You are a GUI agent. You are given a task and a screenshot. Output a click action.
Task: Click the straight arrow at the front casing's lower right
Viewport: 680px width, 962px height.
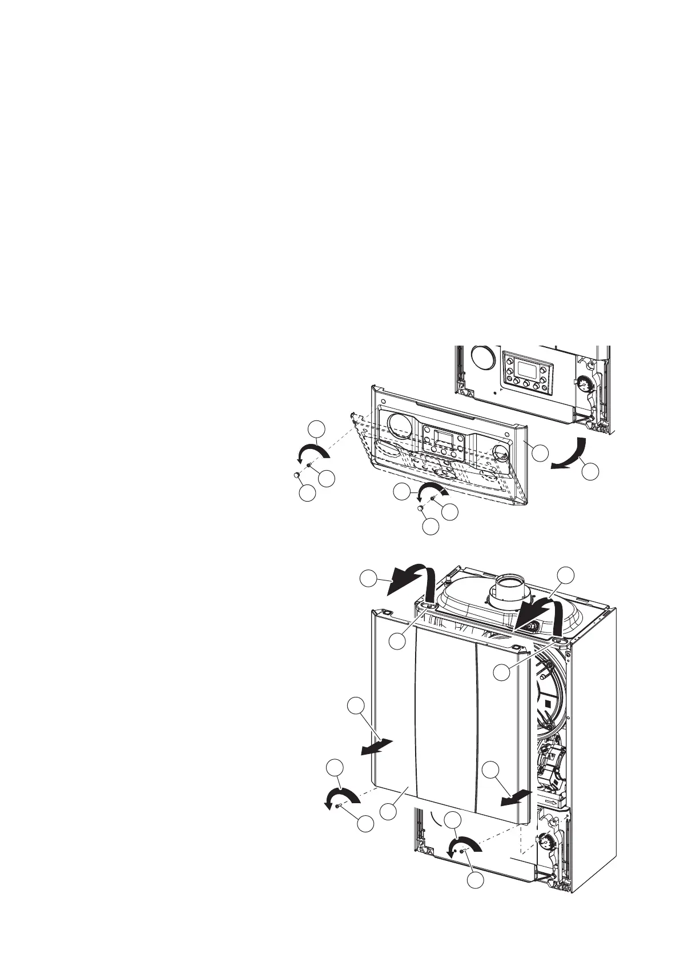tap(517, 797)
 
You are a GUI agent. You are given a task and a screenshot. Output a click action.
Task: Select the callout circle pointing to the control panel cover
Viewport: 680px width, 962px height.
tap(540, 452)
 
